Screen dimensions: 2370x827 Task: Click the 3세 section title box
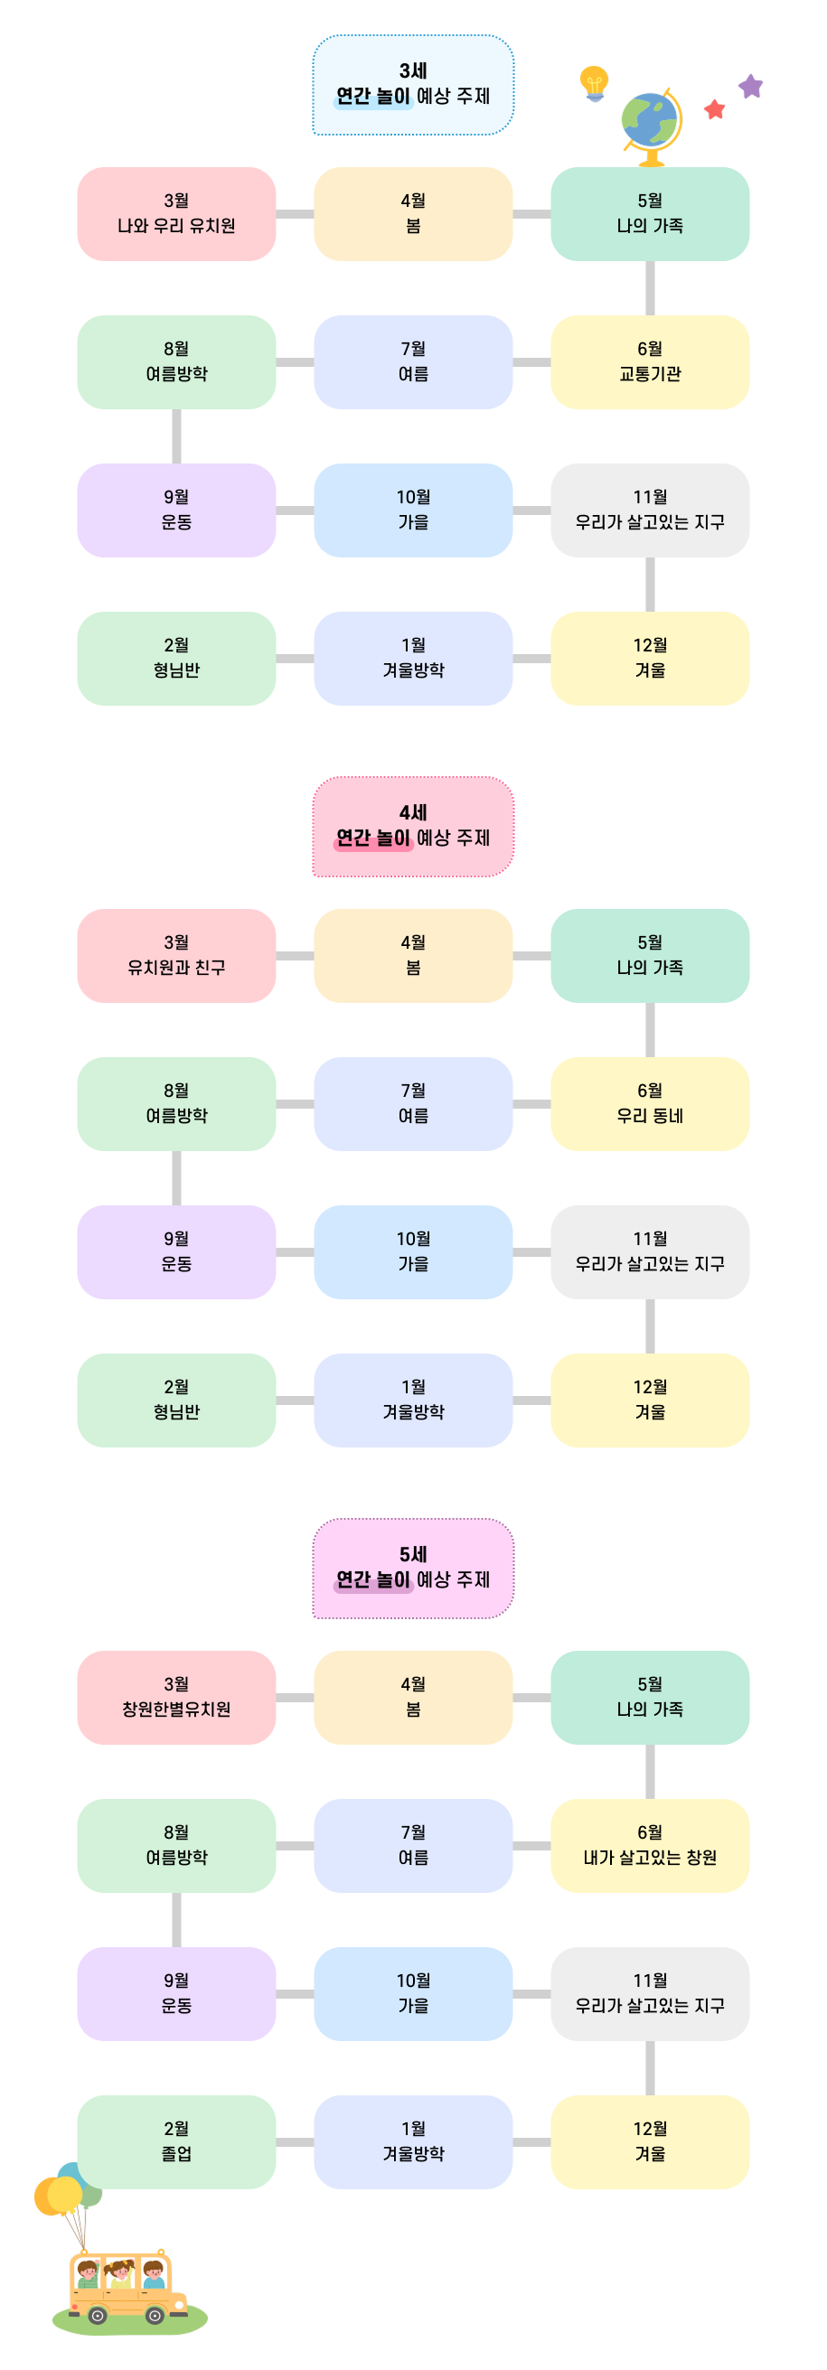(x=413, y=85)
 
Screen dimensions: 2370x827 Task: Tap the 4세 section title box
(x=413, y=826)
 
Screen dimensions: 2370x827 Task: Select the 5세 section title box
(x=413, y=1568)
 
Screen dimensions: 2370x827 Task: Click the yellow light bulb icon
(x=594, y=82)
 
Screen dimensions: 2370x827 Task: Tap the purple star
(x=751, y=87)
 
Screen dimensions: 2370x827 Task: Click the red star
(x=714, y=109)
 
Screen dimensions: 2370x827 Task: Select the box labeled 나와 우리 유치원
(x=176, y=213)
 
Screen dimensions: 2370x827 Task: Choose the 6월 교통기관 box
(x=650, y=361)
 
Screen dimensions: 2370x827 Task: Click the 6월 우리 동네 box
(x=650, y=1103)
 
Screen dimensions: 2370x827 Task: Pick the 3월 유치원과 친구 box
(x=176, y=955)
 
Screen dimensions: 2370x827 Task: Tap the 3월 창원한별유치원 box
(x=176, y=1697)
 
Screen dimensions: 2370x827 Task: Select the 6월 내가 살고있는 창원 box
(x=650, y=1845)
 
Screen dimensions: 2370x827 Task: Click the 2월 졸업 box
(x=176, y=2140)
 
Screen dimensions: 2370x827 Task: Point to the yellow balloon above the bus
(x=64, y=2195)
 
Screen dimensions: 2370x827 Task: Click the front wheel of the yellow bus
(x=155, y=2315)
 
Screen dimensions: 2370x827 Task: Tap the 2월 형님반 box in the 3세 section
(x=176, y=658)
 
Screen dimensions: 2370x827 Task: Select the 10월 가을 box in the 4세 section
(x=413, y=1251)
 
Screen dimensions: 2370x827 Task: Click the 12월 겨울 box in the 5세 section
(x=650, y=2140)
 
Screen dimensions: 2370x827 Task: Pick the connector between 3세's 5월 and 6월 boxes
(x=650, y=288)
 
